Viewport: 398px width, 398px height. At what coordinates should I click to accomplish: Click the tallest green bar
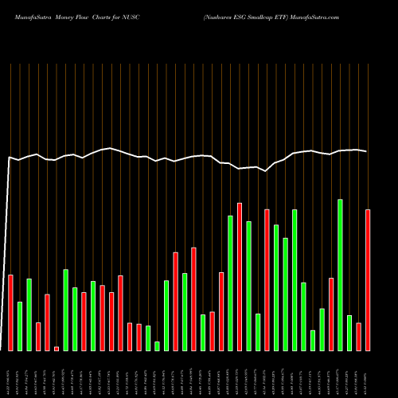341,275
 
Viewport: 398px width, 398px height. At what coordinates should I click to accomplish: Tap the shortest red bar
57,348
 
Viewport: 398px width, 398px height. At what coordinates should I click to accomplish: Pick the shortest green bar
158,345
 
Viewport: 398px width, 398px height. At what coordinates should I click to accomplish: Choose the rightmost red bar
368,279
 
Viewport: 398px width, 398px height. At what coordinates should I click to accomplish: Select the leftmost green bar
20,326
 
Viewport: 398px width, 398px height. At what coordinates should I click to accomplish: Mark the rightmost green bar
349,333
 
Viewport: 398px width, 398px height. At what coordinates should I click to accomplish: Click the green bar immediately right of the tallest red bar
249,286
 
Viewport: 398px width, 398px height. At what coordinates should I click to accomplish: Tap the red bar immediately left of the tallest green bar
331,314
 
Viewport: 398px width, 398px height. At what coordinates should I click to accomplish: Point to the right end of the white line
367,151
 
